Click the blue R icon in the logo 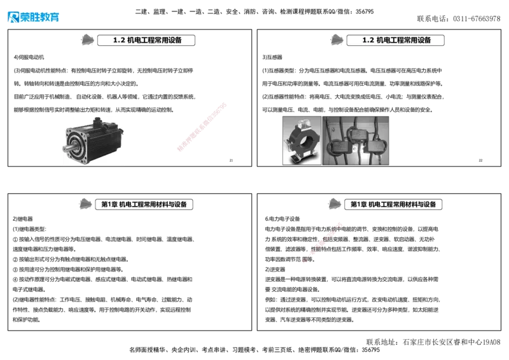point(12,17)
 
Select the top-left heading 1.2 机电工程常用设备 point(146,40)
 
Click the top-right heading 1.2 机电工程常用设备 point(396,40)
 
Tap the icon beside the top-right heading point(335,39)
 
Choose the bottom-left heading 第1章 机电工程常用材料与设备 point(144,205)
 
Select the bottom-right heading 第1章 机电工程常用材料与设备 point(393,205)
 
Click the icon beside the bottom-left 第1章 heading point(85,204)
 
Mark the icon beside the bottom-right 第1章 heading point(334,204)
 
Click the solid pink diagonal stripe point(201,127)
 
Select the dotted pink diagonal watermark point(323,242)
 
